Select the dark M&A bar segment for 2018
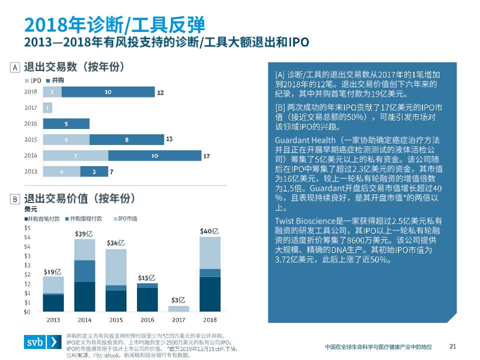108,92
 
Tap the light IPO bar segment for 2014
75,156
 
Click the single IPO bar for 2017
47,107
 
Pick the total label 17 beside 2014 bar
206,156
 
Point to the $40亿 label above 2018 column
209,231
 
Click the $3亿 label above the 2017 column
178,300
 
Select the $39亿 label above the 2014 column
84,234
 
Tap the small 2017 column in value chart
178,309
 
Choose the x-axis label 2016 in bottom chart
147,319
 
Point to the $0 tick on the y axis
28,312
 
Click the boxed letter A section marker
15,67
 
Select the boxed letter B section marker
15,199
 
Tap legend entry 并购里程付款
85,218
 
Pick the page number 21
453,346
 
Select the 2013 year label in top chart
31,171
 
